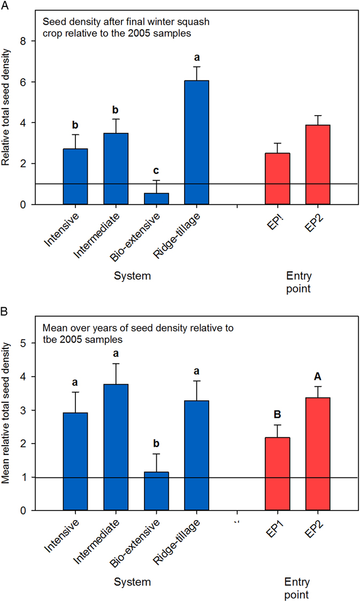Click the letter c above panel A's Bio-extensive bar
click(x=157, y=170)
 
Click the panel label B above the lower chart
click(x=4, y=309)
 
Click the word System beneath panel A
click(x=133, y=276)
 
